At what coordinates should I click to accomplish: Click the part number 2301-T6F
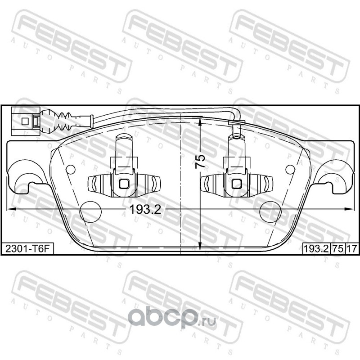point(27,248)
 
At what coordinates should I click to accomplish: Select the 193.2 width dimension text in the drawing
point(145,209)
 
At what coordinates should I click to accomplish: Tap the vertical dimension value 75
point(200,162)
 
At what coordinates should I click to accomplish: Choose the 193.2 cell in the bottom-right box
point(316,248)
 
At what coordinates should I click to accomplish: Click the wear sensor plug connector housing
point(26,121)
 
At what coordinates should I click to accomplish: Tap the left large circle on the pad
point(90,212)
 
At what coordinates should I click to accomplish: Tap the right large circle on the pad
point(270,212)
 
